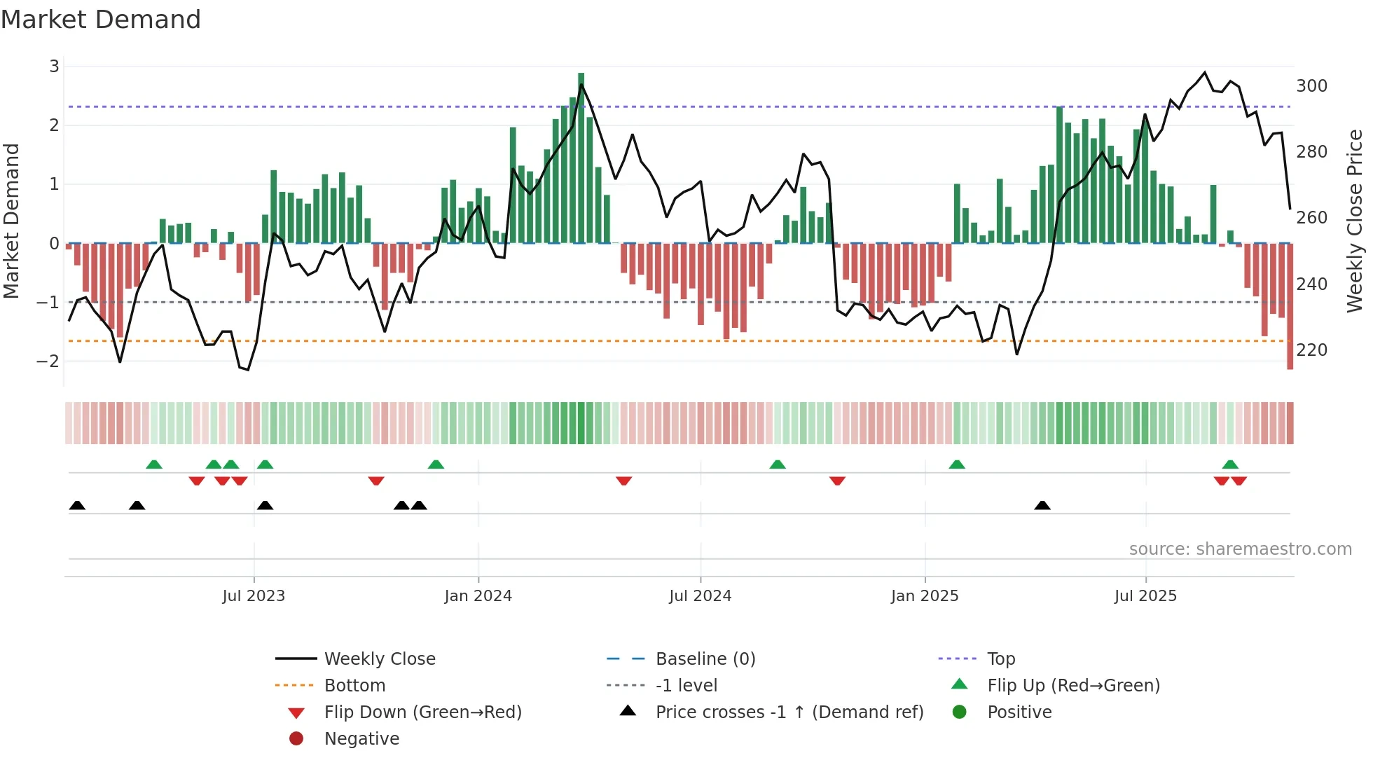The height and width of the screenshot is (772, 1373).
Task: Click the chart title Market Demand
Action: tap(101, 20)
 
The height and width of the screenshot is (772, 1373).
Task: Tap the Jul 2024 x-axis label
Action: tap(700, 596)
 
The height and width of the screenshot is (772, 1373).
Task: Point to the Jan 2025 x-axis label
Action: tap(925, 596)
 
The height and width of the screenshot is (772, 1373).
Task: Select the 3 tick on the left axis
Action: tap(54, 67)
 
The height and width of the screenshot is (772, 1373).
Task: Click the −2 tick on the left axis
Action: tap(48, 361)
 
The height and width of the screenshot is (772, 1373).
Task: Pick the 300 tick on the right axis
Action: tap(1311, 86)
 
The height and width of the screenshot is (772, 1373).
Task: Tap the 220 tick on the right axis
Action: tap(1311, 350)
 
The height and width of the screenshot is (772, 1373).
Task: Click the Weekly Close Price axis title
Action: tap(1355, 221)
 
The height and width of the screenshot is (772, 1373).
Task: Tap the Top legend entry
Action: tap(1000, 659)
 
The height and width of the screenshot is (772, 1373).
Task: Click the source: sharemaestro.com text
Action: tap(1240, 549)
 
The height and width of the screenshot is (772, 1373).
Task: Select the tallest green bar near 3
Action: tap(581, 158)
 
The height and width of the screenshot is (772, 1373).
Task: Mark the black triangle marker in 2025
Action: tap(1042, 506)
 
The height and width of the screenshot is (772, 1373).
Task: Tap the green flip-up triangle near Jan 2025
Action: tap(957, 464)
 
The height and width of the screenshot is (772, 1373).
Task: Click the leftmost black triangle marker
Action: tap(77, 506)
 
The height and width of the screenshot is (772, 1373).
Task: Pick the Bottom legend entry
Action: tap(354, 686)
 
